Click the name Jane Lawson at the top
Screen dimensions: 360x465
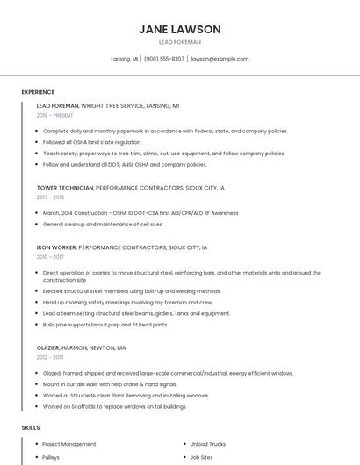(179, 29)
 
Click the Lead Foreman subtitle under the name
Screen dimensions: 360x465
(179, 42)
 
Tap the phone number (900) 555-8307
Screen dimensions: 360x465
(164, 59)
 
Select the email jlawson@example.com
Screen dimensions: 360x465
(219, 59)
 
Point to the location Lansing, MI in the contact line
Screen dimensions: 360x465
(125, 59)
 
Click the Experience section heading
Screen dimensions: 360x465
(38, 92)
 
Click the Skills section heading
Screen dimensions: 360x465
(31, 427)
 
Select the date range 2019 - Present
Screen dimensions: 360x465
(55, 115)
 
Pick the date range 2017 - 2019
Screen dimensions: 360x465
(50, 197)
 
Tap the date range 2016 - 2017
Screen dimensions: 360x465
(50, 257)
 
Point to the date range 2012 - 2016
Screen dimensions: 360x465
(50, 357)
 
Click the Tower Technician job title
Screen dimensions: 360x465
(64, 188)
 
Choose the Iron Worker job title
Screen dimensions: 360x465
(56, 247)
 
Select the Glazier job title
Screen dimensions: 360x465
(49, 347)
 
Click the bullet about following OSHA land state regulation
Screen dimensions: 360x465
(92, 142)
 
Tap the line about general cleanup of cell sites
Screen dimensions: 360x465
(102, 225)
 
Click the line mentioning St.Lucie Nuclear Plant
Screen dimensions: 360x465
(126, 396)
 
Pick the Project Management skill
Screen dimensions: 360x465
(69, 444)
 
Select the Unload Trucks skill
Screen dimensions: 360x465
(210, 444)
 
